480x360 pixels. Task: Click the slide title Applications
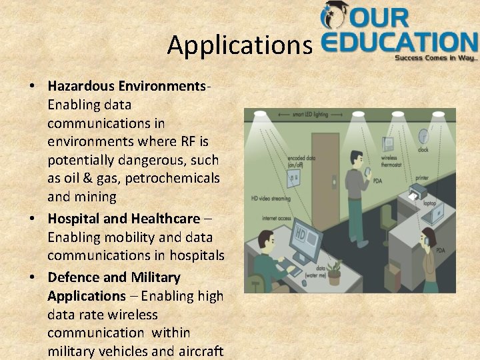point(239,45)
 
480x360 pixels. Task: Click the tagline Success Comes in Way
point(436,58)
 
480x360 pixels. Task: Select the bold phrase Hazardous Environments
point(127,86)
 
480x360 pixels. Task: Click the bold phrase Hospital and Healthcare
point(123,218)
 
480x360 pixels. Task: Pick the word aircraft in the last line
point(199,351)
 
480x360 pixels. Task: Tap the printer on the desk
point(417,191)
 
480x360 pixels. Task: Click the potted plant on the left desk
point(334,271)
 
